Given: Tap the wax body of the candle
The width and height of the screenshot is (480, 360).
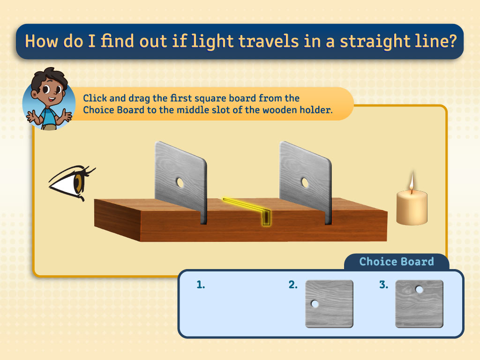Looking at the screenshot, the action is point(412,208).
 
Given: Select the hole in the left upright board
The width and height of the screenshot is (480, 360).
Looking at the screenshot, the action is point(180,183).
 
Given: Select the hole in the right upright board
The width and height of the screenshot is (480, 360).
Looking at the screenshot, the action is point(305,183).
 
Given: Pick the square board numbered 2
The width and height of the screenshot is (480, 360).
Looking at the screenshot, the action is point(330,304).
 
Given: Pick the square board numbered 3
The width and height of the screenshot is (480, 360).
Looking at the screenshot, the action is point(420,304).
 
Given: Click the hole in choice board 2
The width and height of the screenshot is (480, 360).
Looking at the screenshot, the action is point(315,304).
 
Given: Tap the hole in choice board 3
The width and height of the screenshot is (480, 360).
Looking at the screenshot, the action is point(420,289).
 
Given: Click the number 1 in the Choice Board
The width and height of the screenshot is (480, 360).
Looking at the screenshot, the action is point(201,285).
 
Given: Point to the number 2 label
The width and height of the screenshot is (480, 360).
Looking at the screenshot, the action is point(293,285).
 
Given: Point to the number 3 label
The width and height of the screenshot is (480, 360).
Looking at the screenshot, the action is point(383,285).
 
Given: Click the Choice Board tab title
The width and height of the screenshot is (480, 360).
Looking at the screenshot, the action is point(397,262).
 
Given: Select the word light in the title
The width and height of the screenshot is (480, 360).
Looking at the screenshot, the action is point(212,41).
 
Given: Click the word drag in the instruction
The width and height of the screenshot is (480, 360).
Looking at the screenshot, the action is point(139,98).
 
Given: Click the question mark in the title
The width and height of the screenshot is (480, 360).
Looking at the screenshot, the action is point(451,41).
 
